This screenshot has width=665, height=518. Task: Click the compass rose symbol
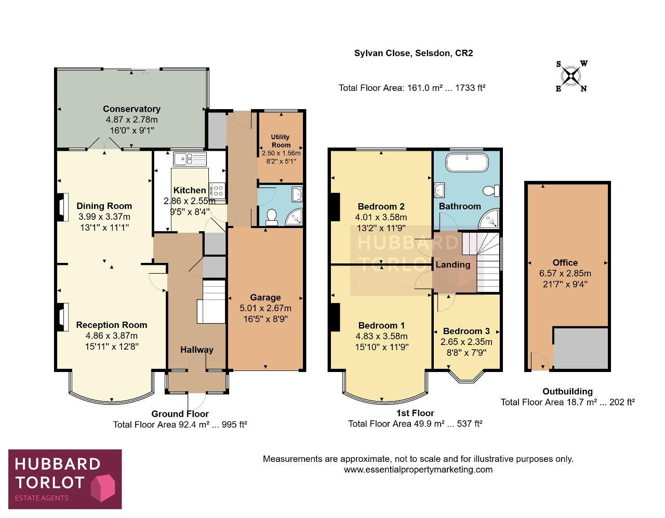pyautogui.click(x=571, y=75)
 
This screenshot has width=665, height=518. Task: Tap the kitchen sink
pyautogui.click(x=190, y=159)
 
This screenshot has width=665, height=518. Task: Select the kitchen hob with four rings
pyautogui.click(x=218, y=190)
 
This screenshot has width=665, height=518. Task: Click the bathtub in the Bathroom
pyautogui.click(x=467, y=162)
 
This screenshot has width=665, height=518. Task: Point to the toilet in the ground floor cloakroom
pyautogui.click(x=271, y=217)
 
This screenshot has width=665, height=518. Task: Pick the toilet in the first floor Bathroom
pyautogui.click(x=491, y=190)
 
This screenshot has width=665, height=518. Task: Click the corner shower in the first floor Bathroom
pyautogui.click(x=489, y=218)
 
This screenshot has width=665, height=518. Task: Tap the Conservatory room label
pyautogui.click(x=131, y=109)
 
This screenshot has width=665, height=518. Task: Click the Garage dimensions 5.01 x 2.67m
pyautogui.click(x=265, y=308)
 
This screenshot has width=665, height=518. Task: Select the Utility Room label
pyautogui.click(x=281, y=141)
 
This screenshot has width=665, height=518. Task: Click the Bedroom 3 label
pyautogui.click(x=467, y=331)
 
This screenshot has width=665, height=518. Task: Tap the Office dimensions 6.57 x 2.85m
pyautogui.click(x=565, y=273)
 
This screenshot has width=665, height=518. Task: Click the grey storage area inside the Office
pyautogui.click(x=580, y=348)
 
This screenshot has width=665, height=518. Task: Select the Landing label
pyautogui.click(x=453, y=264)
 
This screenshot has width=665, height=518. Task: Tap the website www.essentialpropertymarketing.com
pyautogui.click(x=418, y=470)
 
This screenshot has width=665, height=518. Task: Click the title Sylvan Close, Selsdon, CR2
pyautogui.click(x=414, y=53)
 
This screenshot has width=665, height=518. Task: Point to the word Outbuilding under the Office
pyautogui.click(x=568, y=391)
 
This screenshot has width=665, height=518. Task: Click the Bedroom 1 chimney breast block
pyautogui.click(x=335, y=317)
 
